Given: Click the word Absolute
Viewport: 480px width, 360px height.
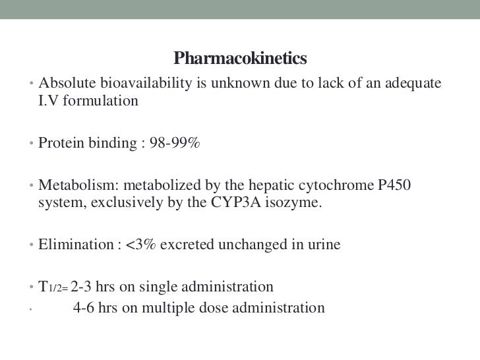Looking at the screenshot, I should (x=65, y=84).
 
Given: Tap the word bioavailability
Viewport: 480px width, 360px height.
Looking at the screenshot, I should (x=136, y=84).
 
